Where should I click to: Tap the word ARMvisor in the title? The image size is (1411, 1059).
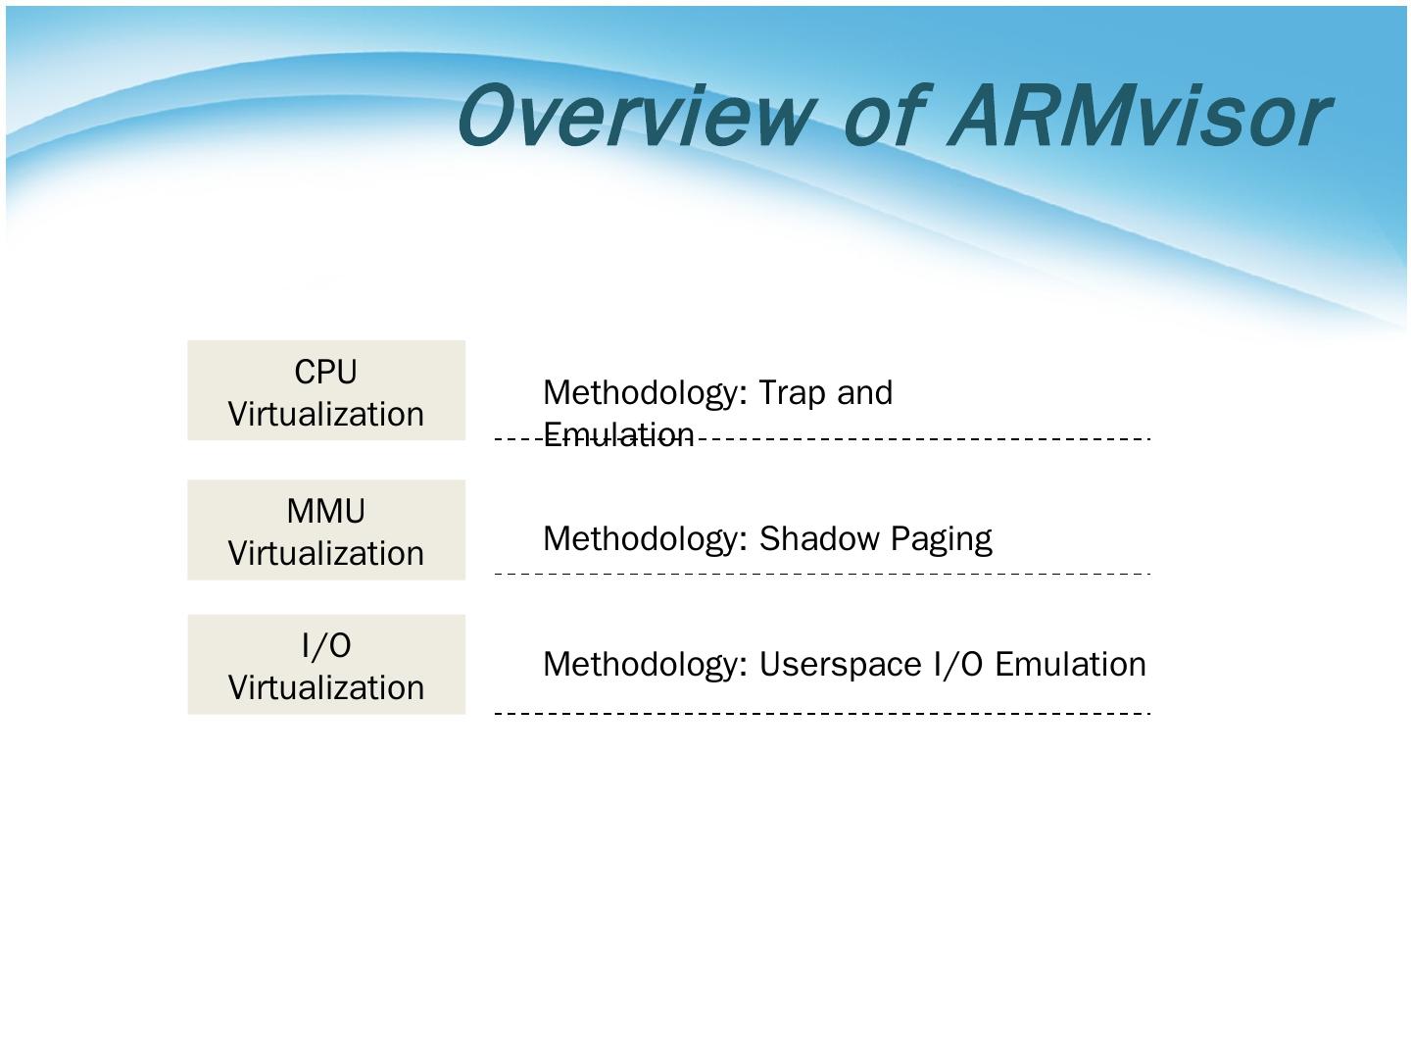pos(1137,116)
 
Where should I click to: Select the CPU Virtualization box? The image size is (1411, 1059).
pos(326,390)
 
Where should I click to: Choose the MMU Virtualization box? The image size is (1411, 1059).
pos(326,529)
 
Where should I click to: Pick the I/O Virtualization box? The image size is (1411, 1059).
pos(326,665)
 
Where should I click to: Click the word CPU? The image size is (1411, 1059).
pos(326,373)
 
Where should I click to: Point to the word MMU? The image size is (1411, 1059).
pos(326,512)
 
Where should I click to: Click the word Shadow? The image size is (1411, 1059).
pos(819,538)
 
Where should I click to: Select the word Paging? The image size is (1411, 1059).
pos(941,539)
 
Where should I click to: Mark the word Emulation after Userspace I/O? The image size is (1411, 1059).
pos(1070,665)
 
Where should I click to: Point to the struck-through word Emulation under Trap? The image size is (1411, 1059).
pos(618,435)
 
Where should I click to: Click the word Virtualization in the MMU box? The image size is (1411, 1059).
pos(326,553)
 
